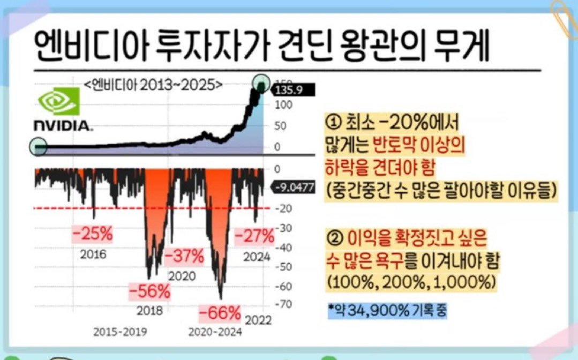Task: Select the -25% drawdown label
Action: (x=92, y=234)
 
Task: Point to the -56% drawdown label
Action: (x=149, y=291)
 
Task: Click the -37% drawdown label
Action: (x=184, y=256)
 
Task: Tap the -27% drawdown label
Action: (x=254, y=235)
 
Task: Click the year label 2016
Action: (x=93, y=254)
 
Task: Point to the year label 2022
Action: (x=258, y=320)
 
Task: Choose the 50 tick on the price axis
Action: (x=279, y=126)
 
